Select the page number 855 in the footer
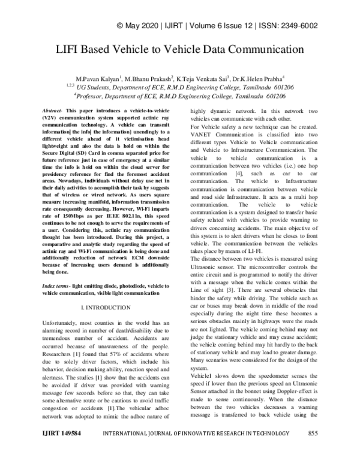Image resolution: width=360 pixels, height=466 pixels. (312, 450)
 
